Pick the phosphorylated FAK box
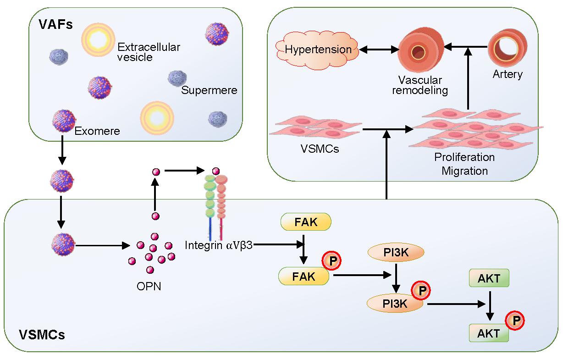(x=304, y=276)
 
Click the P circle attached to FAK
(x=333, y=262)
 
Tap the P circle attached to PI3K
(x=422, y=290)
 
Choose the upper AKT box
(x=489, y=278)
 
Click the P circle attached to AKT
(x=516, y=321)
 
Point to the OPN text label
(x=149, y=287)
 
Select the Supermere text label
(x=209, y=90)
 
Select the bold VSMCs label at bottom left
(x=42, y=334)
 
